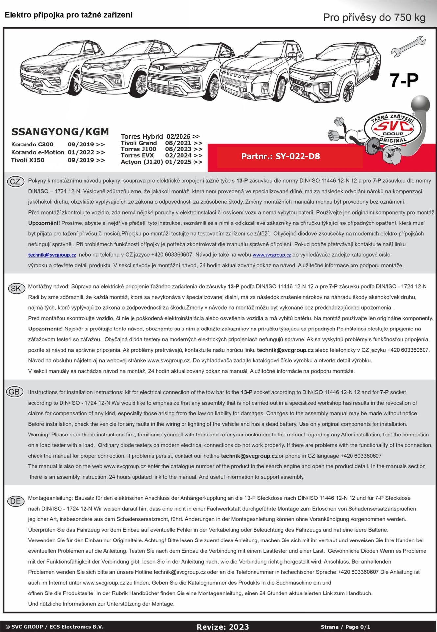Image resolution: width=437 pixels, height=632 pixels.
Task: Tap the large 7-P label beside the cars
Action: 404,80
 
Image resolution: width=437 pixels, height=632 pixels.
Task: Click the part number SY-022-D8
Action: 280,156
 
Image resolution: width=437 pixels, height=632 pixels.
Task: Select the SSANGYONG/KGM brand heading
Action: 60,132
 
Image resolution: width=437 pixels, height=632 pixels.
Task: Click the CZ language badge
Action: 15,182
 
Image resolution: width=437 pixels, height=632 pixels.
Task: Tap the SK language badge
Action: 15,288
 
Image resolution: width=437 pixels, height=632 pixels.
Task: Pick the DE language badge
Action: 15,501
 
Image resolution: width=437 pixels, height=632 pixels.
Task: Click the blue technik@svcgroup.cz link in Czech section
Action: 52,255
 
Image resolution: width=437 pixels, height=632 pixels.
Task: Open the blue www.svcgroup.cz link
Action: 272,255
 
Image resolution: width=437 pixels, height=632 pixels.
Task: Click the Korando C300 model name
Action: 32,145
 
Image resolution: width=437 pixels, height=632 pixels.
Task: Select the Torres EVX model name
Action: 137,155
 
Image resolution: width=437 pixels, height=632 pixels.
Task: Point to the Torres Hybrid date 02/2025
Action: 179,136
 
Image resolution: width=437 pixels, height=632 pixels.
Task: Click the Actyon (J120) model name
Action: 142,162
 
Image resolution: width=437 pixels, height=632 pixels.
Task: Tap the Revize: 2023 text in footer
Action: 223,627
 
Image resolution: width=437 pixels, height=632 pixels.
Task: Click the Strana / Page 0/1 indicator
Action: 345,627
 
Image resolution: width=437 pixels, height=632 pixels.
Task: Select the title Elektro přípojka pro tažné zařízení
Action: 68,15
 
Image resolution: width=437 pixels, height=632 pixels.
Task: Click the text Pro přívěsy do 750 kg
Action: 374,18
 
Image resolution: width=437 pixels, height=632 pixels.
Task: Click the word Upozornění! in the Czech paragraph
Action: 44,223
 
